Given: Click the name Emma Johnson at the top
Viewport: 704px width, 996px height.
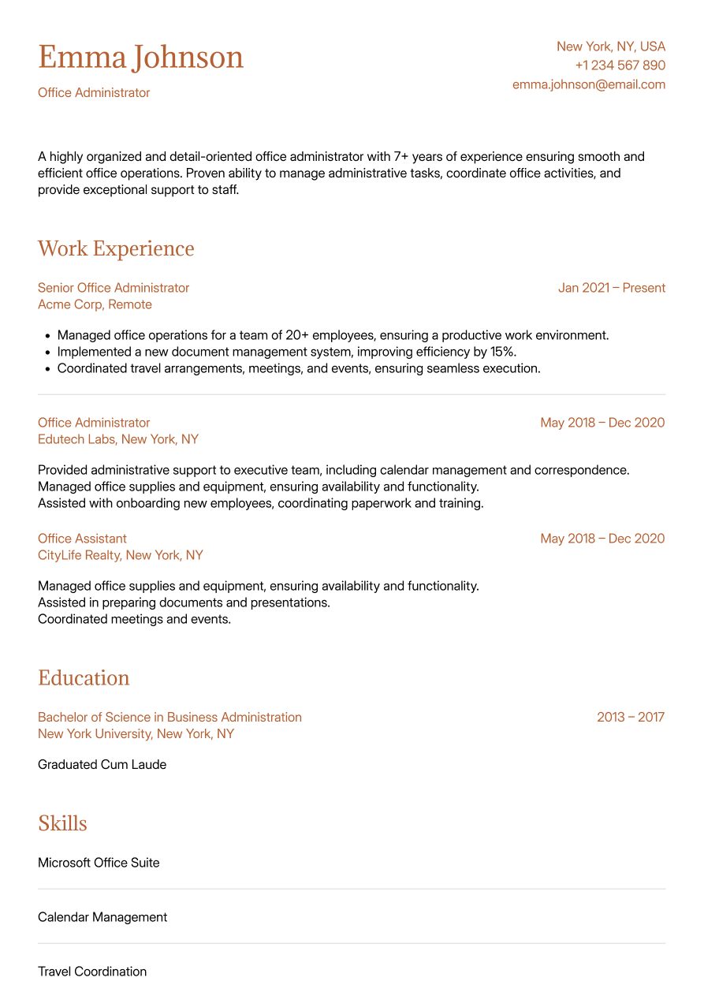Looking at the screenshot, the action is point(140,58).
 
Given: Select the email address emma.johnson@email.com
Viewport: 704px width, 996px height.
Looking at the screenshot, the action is point(588,84).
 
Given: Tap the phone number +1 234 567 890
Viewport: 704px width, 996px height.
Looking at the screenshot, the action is point(620,65).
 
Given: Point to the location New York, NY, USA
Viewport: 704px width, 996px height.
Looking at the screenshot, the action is point(610,47).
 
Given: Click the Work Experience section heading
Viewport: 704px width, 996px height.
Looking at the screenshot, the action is point(116,248).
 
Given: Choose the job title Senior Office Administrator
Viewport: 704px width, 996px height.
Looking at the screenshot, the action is point(114,288).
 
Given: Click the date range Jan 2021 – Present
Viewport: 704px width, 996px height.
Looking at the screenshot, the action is point(611,288).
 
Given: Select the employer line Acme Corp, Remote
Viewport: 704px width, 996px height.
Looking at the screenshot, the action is point(95,304).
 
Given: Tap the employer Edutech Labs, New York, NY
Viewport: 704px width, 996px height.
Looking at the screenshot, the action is point(118,439).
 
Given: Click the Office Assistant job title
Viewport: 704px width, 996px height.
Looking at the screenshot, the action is point(82,539).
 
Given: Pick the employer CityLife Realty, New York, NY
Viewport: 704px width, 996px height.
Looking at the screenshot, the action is point(121,555).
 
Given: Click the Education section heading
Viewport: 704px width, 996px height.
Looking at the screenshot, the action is point(84,678).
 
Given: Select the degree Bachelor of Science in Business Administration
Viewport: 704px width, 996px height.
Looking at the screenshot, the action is point(169,717).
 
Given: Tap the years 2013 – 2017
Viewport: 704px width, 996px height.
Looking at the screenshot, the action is point(630,717).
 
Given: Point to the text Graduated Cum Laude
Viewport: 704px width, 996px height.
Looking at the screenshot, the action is point(102,764).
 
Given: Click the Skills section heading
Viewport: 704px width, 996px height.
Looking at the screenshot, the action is point(62,823).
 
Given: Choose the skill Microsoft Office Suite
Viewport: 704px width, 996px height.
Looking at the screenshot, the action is point(99,863).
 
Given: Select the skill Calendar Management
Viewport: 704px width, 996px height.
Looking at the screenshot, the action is point(102,917).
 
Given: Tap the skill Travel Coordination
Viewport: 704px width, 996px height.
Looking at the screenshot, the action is point(92,972).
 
